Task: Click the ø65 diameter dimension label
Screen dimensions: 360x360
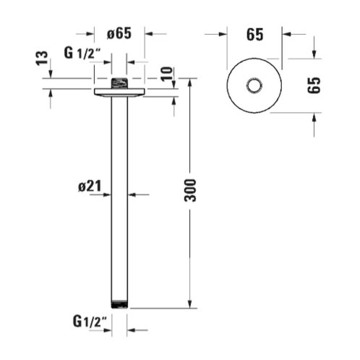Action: tap(119, 33)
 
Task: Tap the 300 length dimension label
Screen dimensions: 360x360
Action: tap(190, 190)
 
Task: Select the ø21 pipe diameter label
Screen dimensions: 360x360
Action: tap(90, 187)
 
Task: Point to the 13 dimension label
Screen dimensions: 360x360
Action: tap(42, 58)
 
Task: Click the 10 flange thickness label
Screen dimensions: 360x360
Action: tap(167, 74)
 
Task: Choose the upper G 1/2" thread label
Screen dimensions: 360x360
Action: tap(82, 53)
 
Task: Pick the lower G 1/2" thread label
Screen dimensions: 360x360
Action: tap(90, 322)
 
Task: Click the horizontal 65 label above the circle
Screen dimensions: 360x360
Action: tap(254, 35)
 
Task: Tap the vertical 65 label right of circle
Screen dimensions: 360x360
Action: tap(314, 85)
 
